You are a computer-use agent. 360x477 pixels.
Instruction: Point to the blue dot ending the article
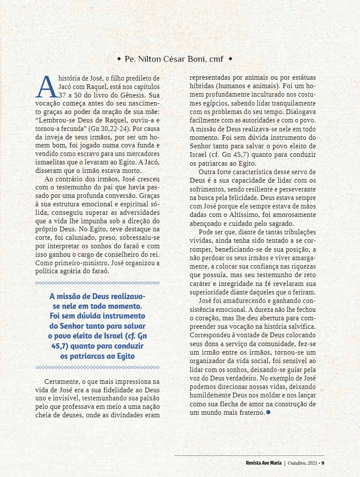tap(268, 412)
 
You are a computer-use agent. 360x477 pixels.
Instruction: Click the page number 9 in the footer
tap(323, 463)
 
